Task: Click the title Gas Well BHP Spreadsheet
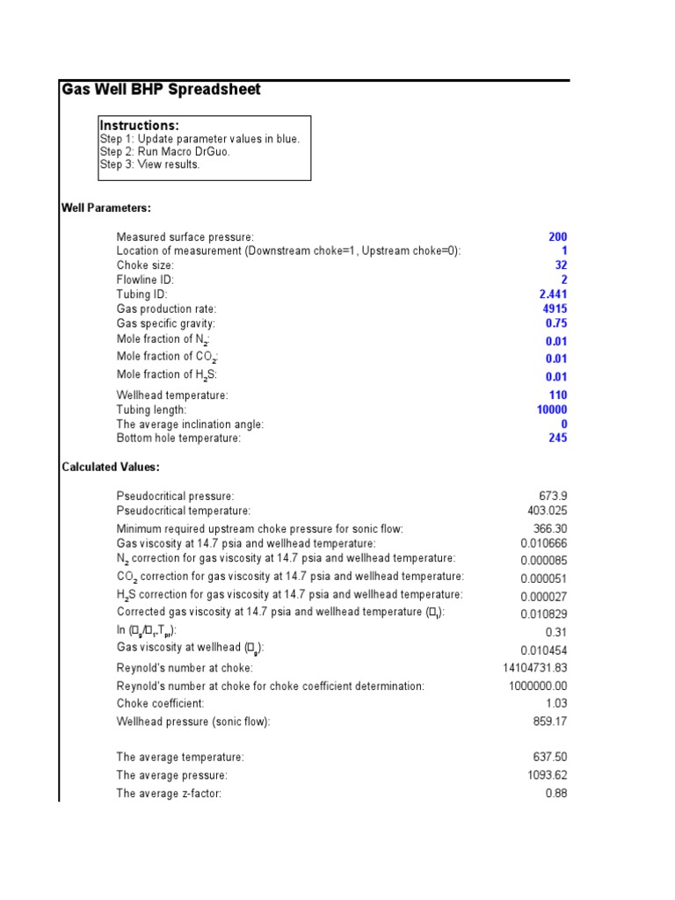point(161,90)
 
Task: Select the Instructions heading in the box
point(139,126)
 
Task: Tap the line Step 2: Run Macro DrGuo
point(164,152)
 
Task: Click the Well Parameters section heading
point(106,208)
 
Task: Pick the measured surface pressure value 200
point(557,237)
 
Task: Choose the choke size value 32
point(561,265)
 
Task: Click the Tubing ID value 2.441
point(553,294)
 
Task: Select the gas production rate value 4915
point(555,309)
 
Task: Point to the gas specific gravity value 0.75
point(556,323)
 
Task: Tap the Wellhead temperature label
point(172,396)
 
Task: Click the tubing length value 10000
point(552,410)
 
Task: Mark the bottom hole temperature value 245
point(557,438)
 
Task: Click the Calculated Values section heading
point(111,467)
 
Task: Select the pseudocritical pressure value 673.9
point(553,497)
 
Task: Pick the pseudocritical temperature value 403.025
point(548,511)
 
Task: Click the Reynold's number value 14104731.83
point(535,668)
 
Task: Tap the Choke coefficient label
point(160,704)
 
